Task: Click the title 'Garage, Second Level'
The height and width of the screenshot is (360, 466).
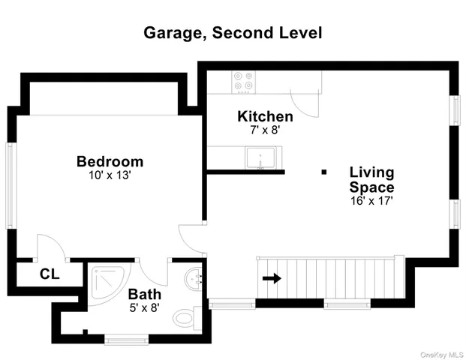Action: pos(233,33)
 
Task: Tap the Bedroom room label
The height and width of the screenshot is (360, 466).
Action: pos(110,161)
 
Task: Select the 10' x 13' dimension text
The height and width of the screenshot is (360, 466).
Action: pos(110,175)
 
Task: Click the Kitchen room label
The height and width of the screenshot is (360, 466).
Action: pos(265,116)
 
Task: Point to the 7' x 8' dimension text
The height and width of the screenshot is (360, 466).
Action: pos(265,130)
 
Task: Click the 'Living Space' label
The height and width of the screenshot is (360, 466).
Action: pos(371,180)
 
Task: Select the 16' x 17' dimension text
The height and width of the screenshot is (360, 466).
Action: pos(371,201)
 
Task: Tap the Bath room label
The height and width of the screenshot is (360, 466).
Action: pos(143,294)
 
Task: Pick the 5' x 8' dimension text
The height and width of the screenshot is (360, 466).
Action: pos(143,307)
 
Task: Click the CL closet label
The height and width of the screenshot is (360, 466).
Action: pos(49,274)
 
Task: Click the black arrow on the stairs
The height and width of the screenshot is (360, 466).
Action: pos(272,278)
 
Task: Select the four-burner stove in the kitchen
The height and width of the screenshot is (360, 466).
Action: pos(243,81)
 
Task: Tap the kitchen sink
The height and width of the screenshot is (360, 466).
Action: pos(260,159)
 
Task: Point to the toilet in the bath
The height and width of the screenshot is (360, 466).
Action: pos(185,316)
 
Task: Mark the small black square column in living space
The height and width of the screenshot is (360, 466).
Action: pos(324,172)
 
